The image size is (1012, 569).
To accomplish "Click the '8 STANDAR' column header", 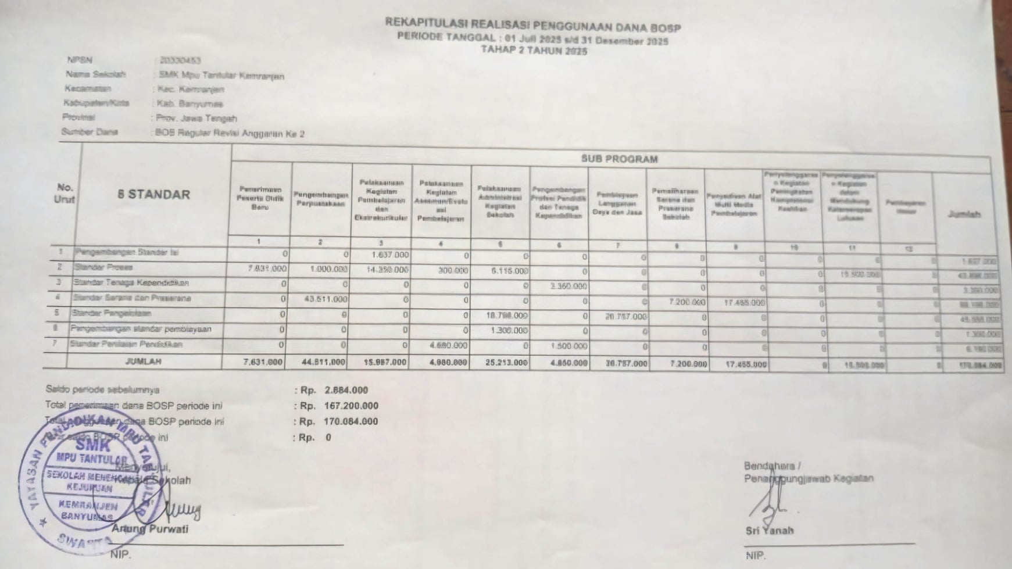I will [153, 194].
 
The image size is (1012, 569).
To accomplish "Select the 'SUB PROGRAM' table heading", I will [619, 159].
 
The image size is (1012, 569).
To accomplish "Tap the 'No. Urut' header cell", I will [65, 193].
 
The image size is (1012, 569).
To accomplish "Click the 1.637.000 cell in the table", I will [390, 255].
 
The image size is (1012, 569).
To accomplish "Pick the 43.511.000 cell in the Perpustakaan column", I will [326, 299].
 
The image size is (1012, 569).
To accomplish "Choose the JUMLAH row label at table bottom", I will [144, 361].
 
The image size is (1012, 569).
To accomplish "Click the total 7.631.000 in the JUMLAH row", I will [263, 362].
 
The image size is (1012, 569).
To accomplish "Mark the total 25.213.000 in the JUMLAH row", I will [507, 363].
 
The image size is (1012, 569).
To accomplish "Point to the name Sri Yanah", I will [770, 531].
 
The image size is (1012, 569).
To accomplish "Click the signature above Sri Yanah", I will [768, 503].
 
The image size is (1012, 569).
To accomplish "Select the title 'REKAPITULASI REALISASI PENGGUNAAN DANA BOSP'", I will [532, 25].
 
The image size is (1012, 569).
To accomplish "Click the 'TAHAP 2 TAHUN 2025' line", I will [533, 51].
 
